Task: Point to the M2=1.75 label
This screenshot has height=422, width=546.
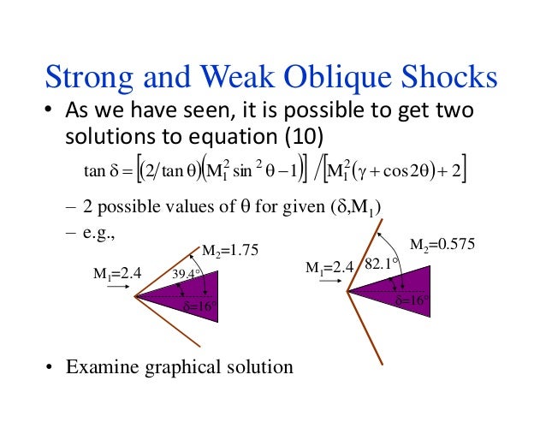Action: point(228,250)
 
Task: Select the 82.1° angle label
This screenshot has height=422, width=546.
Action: point(379,264)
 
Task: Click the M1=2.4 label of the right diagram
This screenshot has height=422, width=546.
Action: point(329,269)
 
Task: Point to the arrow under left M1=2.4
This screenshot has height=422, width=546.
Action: point(118,289)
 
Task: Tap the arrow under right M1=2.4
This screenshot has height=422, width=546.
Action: point(329,283)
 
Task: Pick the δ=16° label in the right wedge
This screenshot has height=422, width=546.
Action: point(412,302)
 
